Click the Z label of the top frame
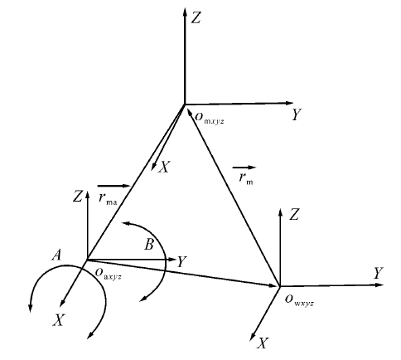coord(196,18)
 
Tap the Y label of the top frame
coord(297,114)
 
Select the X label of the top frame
coord(164,167)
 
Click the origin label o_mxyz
coord(210,118)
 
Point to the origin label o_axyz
coord(109,274)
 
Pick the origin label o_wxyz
coord(299,300)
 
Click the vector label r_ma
coord(108,199)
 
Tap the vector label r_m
coord(246,179)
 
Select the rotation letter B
coord(149,245)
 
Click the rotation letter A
coord(56,255)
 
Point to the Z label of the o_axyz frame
coord(78,197)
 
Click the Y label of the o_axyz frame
coord(181,261)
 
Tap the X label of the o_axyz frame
coord(58,320)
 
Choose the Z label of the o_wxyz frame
coord(294,215)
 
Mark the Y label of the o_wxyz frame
coord(379,273)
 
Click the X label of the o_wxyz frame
coord(263,343)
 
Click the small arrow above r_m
coord(244,168)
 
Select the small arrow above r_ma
coord(114,186)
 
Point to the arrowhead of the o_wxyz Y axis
coord(379,285)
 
